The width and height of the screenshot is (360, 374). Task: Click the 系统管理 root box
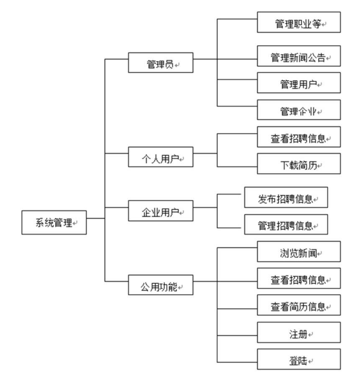coord(54,222)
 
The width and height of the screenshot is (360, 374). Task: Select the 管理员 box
coord(161,62)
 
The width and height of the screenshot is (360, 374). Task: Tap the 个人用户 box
coord(161,157)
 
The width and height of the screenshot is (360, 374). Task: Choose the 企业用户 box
coord(161,211)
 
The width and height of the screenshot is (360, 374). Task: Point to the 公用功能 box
coord(161,285)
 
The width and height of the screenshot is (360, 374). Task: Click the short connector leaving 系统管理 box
coord(95,218)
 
